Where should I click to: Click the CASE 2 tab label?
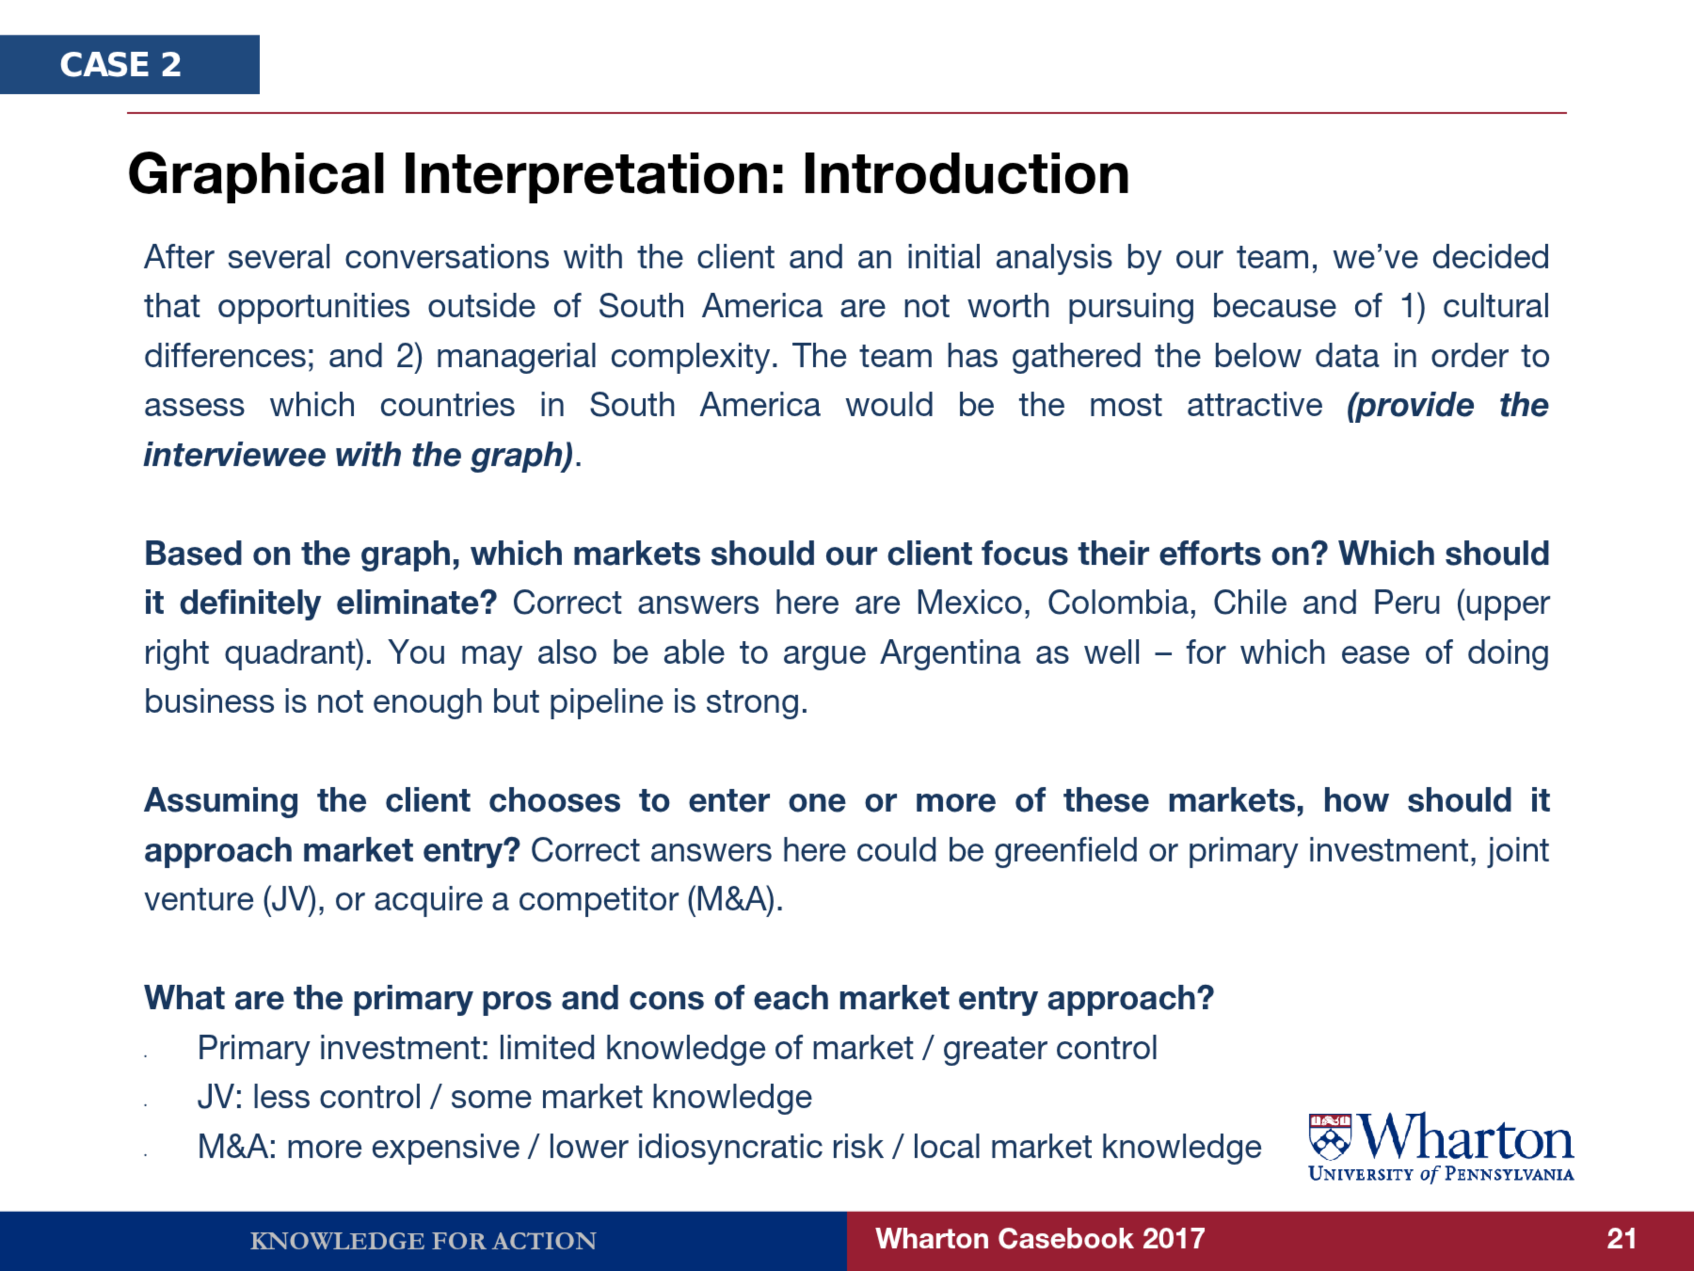coord(120,64)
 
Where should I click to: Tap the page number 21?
coord(1621,1239)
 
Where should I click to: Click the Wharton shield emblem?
coord(1330,1137)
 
